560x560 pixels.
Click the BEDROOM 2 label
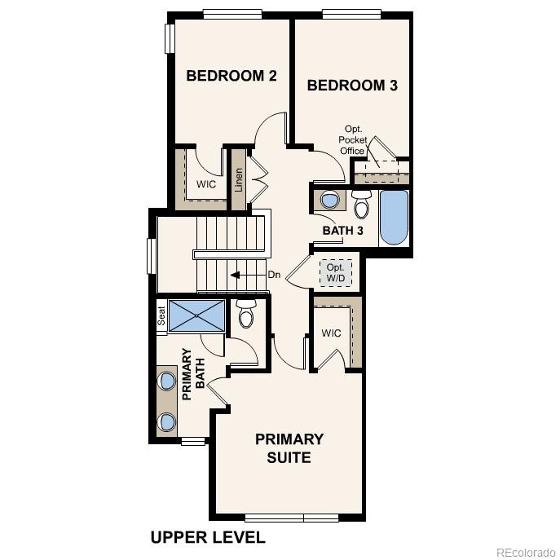pyautogui.click(x=231, y=76)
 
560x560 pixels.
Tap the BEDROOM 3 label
pyautogui.click(x=352, y=85)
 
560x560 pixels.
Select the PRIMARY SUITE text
pyautogui.click(x=289, y=448)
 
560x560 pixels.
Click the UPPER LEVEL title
pyautogui.click(x=208, y=538)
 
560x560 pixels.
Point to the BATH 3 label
pyautogui.click(x=342, y=231)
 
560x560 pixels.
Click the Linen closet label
pyautogui.click(x=239, y=179)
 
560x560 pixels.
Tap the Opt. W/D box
pyautogui.click(x=335, y=272)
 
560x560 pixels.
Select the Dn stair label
pyautogui.click(x=274, y=275)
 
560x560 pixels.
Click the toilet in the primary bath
pyautogui.click(x=245, y=313)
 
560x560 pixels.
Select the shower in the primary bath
pyautogui.click(x=196, y=315)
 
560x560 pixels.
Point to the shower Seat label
pyautogui.click(x=161, y=315)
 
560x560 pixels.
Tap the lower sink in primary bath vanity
pyautogui.click(x=167, y=421)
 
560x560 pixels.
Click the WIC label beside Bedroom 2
pyautogui.click(x=206, y=184)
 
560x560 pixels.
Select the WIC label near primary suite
pyautogui.click(x=331, y=333)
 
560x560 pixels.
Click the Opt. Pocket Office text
pyautogui.click(x=353, y=139)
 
